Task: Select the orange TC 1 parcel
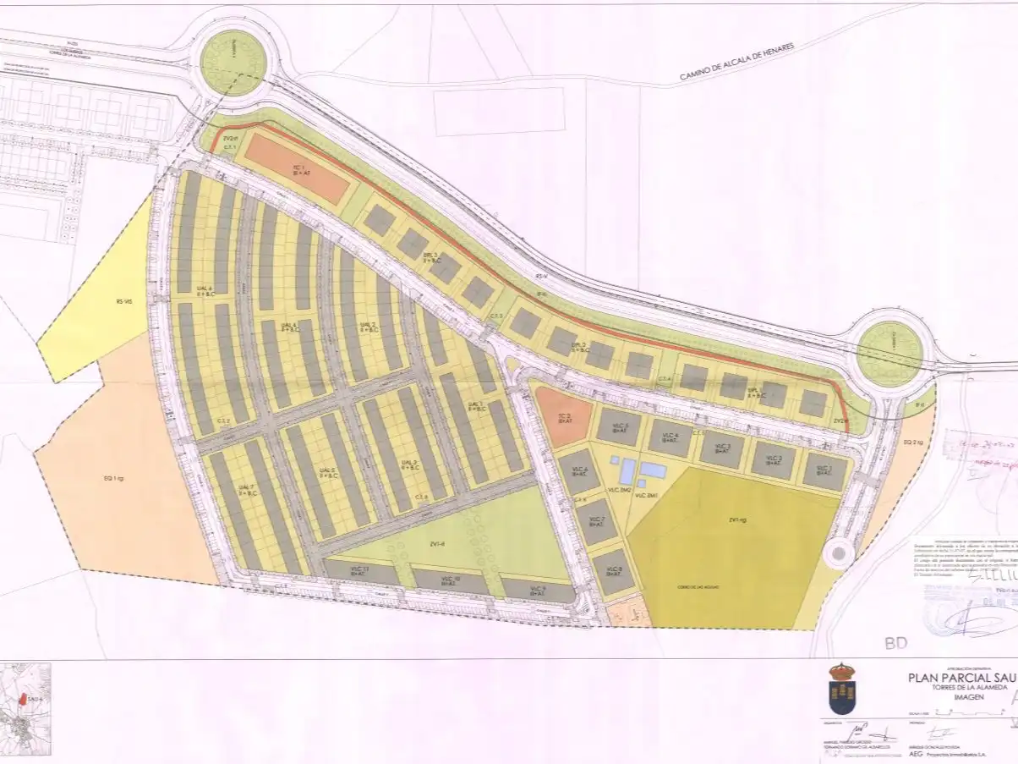point(296,168)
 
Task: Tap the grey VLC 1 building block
point(824,470)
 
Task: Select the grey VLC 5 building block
point(618,426)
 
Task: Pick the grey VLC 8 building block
point(613,571)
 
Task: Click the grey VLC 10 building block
point(451,580)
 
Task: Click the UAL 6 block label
point(203,291)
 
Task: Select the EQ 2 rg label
point(911,442)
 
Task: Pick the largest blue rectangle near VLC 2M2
point(653,470)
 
